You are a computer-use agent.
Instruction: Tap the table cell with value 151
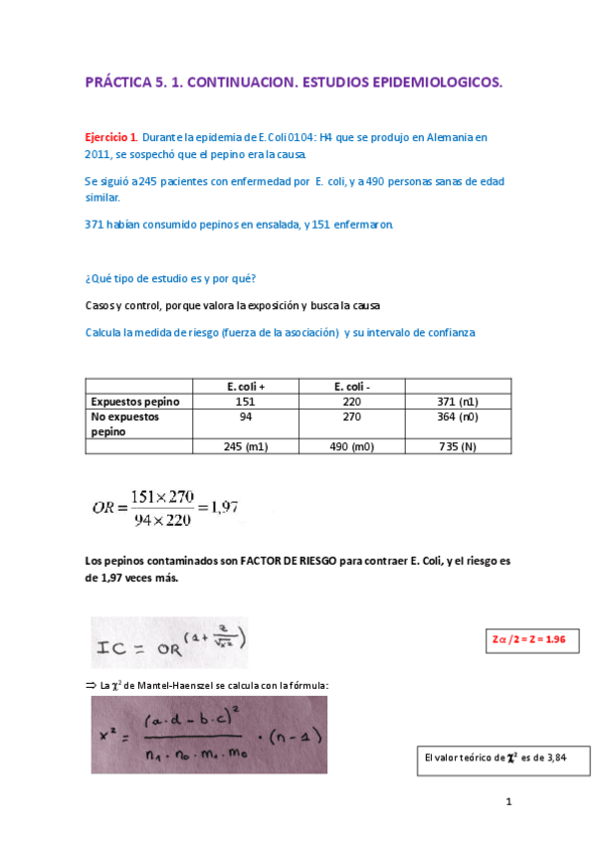coord(246,401)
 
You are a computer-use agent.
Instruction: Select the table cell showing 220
coord(352,401)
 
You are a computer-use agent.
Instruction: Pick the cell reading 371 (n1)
coord(459,401)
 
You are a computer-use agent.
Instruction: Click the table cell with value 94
coord(246,418)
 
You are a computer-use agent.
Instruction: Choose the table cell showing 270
coord(352,418)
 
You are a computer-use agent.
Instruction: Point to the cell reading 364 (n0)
coord(459,418)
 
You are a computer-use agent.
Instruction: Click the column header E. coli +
coord(246,386)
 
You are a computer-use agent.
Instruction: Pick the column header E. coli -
coord(352,386)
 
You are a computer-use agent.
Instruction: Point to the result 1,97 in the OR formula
coord(225,507)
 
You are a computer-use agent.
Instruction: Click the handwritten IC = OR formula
coord(169,644)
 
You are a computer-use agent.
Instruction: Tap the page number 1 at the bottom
coord(508,800)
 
